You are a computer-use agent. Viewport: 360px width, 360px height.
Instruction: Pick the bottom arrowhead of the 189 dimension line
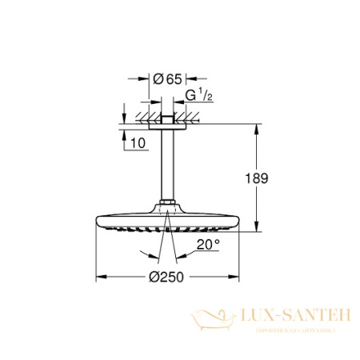(x=256, y=229)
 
